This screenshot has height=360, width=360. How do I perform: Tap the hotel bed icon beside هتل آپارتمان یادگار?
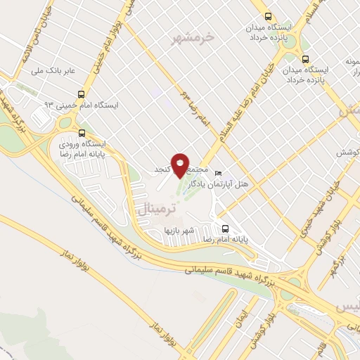pos(218,173)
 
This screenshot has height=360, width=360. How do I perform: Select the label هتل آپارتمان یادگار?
pos(245,184)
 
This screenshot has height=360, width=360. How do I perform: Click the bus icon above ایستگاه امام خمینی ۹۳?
pos(82,94)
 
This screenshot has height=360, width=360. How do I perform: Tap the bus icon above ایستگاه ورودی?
pos(82,132)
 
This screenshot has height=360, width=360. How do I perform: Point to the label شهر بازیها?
pos(179,230)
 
